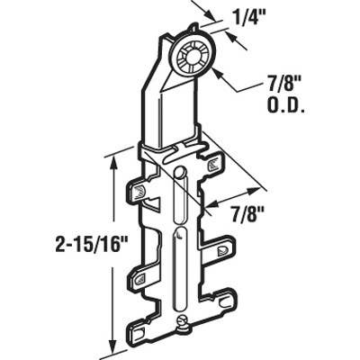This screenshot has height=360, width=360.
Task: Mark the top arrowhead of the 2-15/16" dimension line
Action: [x=112, y=161]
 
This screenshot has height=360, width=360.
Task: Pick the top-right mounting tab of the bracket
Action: [x=212, y=164]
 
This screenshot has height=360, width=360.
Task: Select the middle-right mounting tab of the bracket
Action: [x=222, y=245]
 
